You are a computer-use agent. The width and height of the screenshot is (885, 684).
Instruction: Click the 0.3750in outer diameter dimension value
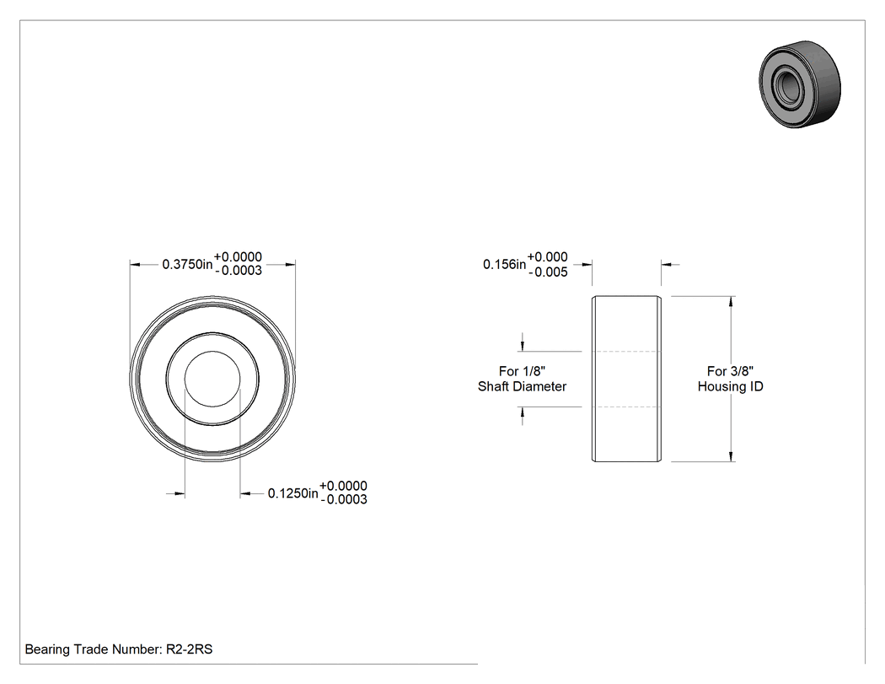187,264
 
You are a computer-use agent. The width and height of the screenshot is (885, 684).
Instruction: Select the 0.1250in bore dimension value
293,493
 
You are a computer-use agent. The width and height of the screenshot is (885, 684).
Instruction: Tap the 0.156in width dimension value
505,264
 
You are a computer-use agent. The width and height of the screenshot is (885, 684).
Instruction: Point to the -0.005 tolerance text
548,272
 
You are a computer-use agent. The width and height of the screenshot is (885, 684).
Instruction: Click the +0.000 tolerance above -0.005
548,257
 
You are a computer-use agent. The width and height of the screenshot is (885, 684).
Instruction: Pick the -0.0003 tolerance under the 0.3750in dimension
239,271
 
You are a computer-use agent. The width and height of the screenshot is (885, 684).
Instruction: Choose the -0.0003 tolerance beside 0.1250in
344,499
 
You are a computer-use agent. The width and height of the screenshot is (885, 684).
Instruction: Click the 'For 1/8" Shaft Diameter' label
522,379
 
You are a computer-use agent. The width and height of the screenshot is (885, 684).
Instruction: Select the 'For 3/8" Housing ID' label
731,379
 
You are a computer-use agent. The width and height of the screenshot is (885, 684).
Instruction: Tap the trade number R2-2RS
189,649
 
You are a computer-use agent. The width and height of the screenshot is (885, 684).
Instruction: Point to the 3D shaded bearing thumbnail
800,84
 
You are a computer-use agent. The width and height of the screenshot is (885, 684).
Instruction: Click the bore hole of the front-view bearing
212,379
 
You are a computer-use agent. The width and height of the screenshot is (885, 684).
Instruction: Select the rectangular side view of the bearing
626,379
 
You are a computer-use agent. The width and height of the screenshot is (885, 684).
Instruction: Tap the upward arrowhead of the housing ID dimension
732,302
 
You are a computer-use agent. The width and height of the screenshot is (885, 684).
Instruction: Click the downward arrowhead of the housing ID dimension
732,455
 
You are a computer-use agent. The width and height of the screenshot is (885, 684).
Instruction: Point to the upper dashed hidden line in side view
626,352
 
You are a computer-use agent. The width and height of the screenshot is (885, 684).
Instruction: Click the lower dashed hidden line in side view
626,407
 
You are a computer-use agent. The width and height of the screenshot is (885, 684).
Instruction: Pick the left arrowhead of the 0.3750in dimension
136,264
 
